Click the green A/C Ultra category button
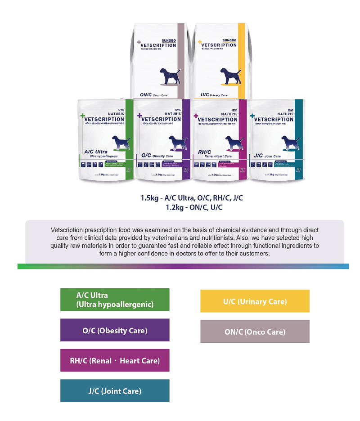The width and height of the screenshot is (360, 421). (x=115, y=300)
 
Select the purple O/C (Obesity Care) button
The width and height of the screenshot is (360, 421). (x=115, y=330)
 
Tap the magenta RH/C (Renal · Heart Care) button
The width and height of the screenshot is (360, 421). (x=115, y=360)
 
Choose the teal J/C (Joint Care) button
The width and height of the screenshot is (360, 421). (x=115, y=391)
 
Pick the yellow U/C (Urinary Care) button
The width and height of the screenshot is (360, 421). (x=255, y=301)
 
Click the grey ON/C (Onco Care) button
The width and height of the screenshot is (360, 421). (x=255, y=331)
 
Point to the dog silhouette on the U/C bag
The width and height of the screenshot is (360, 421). (x=229, y=77)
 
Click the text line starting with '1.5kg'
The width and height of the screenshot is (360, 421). (x=192, y=198)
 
